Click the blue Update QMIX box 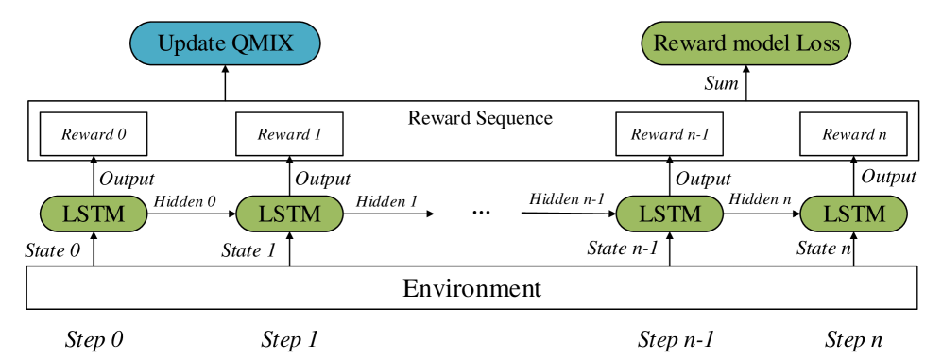click(x=225, y=43)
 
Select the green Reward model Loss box click(x=745, y=43)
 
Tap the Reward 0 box click(x=94, y=134)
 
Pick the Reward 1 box click(x=289, y=134)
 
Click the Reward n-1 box click(x=669, y=134)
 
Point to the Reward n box click(x=853, y=134)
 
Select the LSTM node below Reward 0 click(x=94, y=214)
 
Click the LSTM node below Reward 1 click(x=289, y=214)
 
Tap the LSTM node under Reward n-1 click(x=669, y=214)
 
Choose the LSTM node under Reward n click(x=853, y=214)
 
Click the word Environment click(x=471, y=288)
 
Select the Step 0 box click(x=94, y=339)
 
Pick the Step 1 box click(x=289, y=339)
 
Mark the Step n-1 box click(x=675, y=339)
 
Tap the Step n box click(x=852, y=339)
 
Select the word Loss click(x=818, y=43)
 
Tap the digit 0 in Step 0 click(x=117, y=339)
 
